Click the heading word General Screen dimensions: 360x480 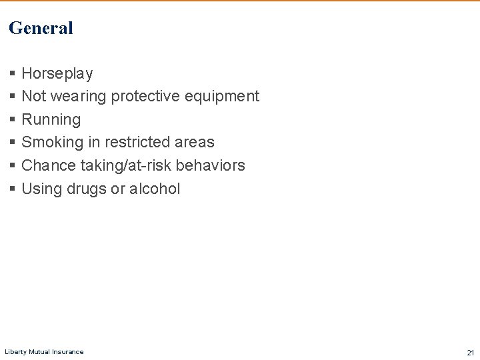coord(41,28)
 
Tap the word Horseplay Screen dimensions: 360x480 coord(57,73)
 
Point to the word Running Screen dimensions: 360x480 coord(51,120)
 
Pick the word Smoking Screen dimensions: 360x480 coord(52,143)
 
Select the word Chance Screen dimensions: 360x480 coord(49,165)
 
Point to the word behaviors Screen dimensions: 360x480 coord(211,165)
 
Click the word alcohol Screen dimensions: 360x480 coord(155,189)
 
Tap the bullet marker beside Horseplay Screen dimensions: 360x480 coord(13,73)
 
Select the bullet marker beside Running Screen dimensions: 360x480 coord(13,120)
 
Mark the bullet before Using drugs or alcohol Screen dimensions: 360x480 coord(13,189)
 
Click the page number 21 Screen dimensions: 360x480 coord(470,352)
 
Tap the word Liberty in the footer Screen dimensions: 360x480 coord(15,352)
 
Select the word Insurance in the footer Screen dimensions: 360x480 coord(70,352)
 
